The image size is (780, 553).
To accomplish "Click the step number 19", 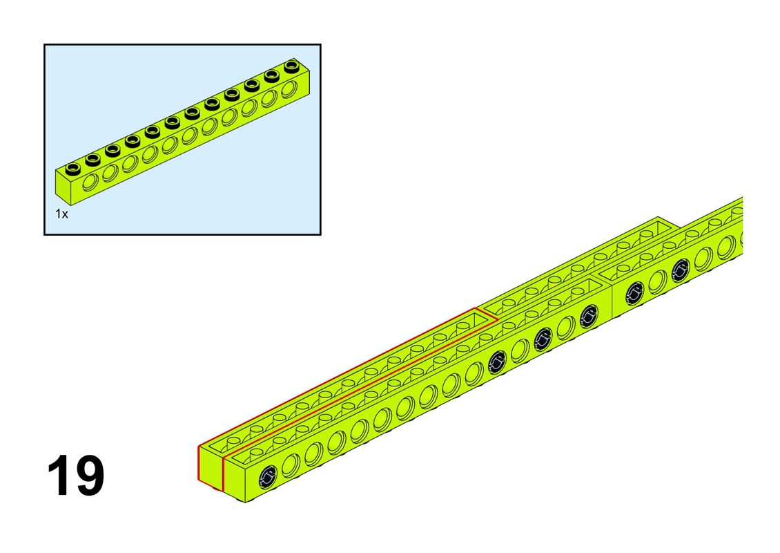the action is pos(76,476).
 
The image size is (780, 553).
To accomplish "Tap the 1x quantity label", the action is pos(61,214).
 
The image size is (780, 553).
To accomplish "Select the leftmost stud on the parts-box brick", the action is pos(72,169).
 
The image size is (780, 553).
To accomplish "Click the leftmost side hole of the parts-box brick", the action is pos(91,182).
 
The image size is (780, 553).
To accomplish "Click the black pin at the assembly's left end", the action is pos(268,477).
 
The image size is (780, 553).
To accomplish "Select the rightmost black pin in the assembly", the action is pos(681,270).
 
